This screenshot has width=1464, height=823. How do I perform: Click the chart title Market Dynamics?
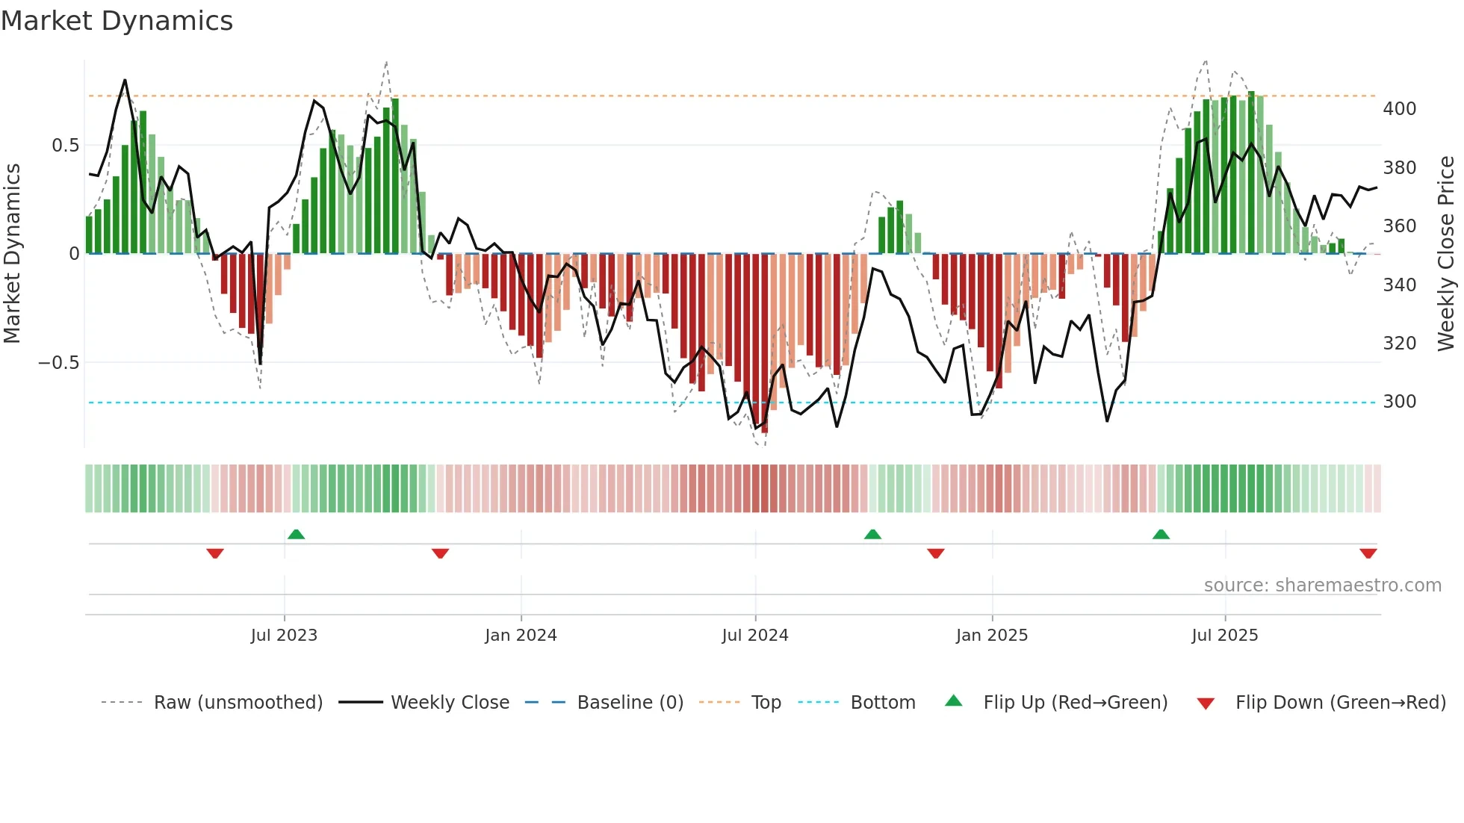pos(117,21)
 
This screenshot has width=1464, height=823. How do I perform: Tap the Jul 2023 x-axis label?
pos(284,636)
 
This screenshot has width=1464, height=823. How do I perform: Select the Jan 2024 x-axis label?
pos(521,636)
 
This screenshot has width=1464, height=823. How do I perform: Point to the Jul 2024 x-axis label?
pos(755,636)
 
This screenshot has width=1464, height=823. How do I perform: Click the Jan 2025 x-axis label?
pos(992,636)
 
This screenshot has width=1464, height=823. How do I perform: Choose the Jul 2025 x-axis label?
pos(1225,636)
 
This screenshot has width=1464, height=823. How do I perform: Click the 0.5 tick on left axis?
pos(65,146)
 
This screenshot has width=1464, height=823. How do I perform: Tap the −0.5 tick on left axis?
pos(58,363)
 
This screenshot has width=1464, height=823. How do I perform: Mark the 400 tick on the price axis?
pos(1400,109)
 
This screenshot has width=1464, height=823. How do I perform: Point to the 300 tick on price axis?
pos(1400,402)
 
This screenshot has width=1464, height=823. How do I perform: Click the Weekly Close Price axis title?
pos(1446,254)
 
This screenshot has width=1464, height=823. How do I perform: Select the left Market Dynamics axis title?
pos(12,254)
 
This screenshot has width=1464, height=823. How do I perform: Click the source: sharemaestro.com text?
pos(1322,586)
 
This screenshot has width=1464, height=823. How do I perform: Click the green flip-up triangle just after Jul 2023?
pos(297,534)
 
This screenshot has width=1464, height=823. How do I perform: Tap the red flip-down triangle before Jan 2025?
pos(936,553)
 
